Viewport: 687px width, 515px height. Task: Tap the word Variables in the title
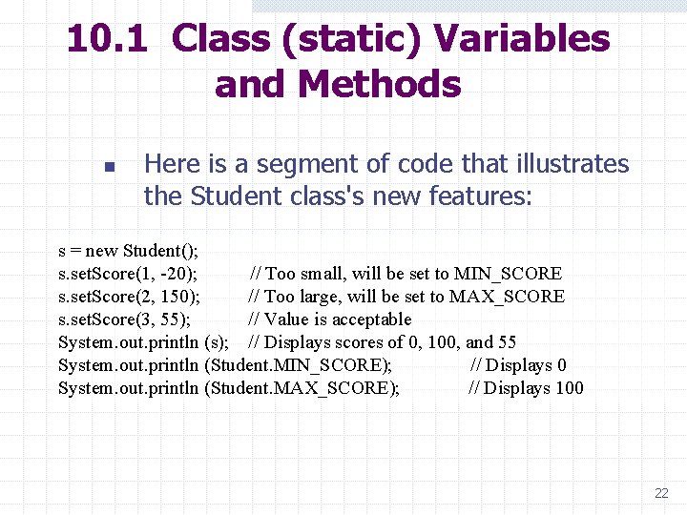pyautogui.click(x=521, y=39)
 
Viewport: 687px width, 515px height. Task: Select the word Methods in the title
pyautogui.click(x=380, y=84)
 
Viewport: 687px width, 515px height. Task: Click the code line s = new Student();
pyautogui.click(x=129, y=251)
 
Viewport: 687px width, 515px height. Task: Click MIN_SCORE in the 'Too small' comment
pyautogui.click(x=508, y=274)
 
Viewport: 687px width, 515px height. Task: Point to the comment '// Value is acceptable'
pyautogui.click(x=330, y=319)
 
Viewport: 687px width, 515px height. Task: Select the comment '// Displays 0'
pyautogui.click(x=518, y=365)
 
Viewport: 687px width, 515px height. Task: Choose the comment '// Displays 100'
pyautogui.click(x=526, y=388)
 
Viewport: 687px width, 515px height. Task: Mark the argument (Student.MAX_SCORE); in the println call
pyautogui.click(x=302, y=388)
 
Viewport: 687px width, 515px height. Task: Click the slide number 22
pyautogui.click(x=661, y=493)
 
